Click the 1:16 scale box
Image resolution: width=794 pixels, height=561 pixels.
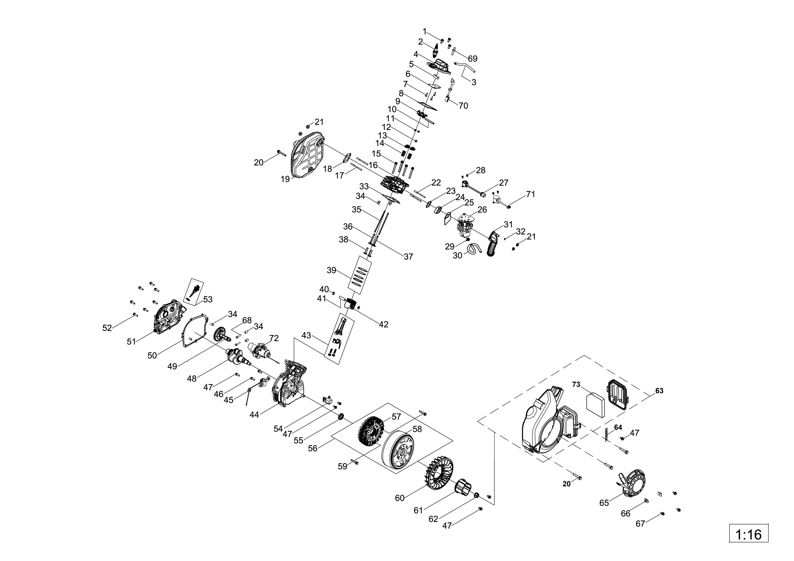tap(748, 534)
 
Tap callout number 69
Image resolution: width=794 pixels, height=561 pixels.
tap(472, 59)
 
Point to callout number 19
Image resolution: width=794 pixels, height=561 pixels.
tap(285, 179)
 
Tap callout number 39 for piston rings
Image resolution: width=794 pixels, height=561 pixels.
tap(331, 270)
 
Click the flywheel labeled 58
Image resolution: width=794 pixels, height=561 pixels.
tap(398, 453)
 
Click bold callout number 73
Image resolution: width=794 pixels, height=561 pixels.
tap(576, 384)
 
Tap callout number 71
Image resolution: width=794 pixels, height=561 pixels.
tap(530, 194)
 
